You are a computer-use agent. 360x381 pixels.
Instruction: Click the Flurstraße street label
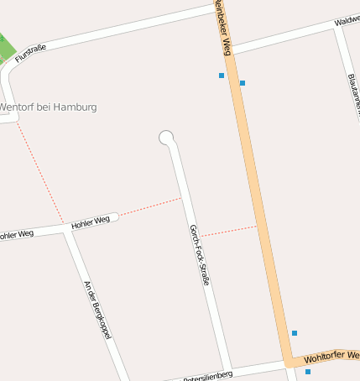pos(31,53)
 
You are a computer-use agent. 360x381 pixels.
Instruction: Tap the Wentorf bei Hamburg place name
pos(49,107)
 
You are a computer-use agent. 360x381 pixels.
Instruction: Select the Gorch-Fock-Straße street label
pos(199,255)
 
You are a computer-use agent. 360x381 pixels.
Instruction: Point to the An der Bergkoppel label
pos(98,310)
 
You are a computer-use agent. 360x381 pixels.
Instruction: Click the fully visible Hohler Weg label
pos(91,222)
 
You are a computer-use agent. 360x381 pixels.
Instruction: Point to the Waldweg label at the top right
pos(347,19)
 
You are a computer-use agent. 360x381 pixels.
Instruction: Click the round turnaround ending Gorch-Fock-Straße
pos(166,138)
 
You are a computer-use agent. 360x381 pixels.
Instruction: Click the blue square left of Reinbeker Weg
pos(222,76)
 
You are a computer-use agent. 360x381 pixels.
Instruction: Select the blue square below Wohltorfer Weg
pos(308,372)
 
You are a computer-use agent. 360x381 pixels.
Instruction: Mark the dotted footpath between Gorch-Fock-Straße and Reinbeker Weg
pos(229,231)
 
